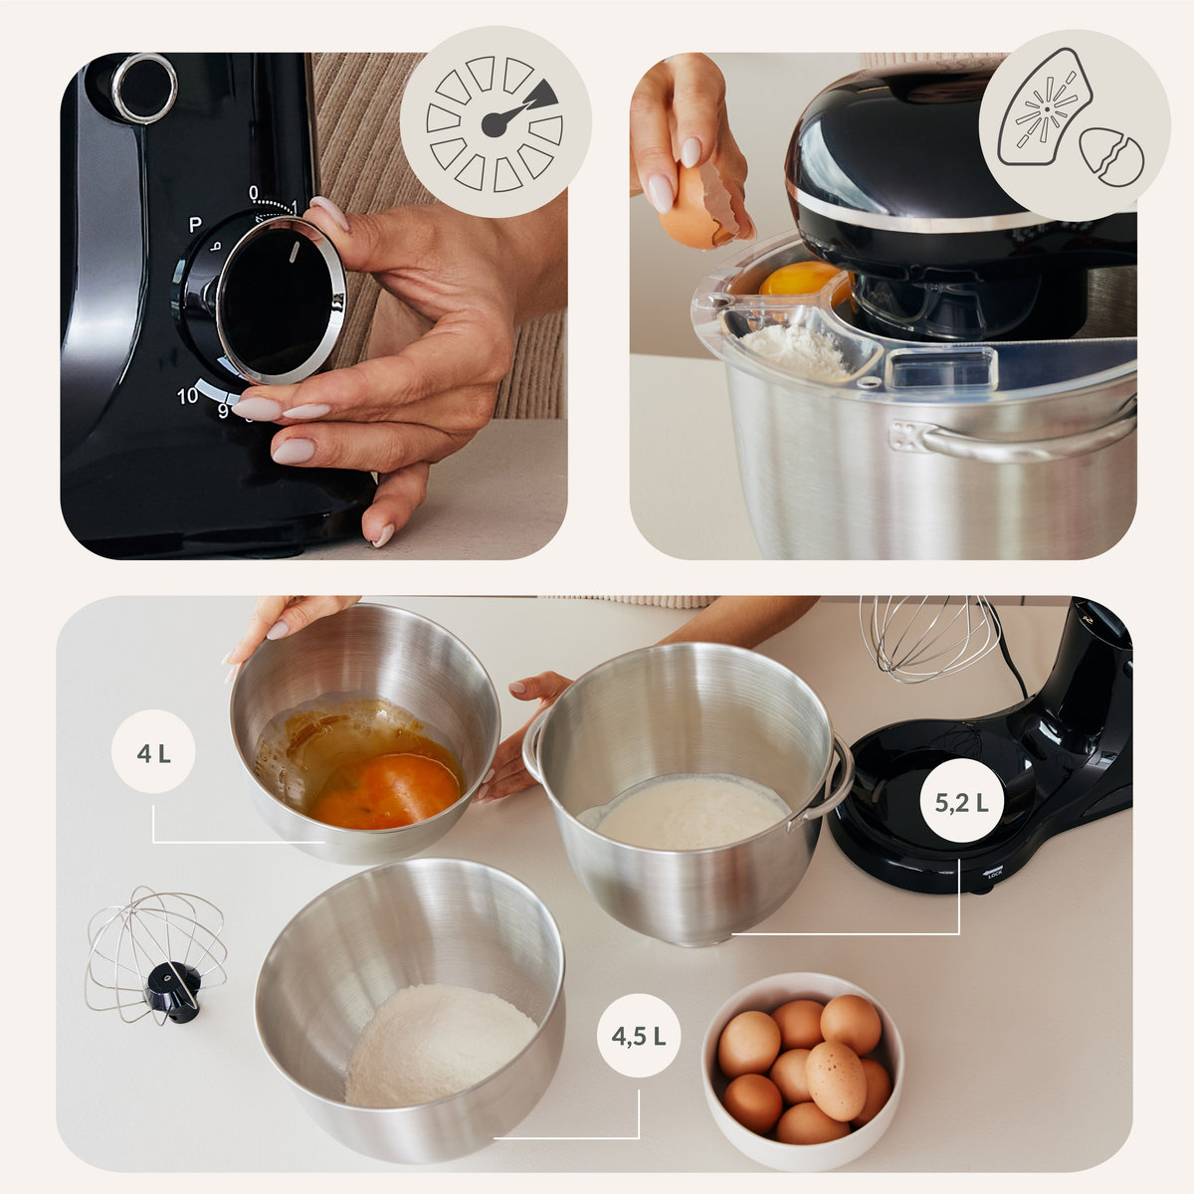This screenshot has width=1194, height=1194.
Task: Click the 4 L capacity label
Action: (x=153, y=754)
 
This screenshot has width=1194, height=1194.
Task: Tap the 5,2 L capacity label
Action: (x=961, y=803)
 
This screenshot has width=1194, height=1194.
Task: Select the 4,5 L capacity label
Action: (x=638, y=1036)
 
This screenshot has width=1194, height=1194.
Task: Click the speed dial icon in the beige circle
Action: (x=495, y=123)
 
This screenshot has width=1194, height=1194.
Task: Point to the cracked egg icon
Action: (x=1111, y=157)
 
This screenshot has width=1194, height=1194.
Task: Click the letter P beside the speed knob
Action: (x=195, y=224)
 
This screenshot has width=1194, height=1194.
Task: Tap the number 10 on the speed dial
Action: (x=187, y=395)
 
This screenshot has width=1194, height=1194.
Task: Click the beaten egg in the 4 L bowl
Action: (x=384, y=789)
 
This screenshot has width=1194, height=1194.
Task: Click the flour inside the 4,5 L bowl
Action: (x=439, y=1046)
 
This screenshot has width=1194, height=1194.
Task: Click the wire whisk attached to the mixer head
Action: (x=929, y=637)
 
